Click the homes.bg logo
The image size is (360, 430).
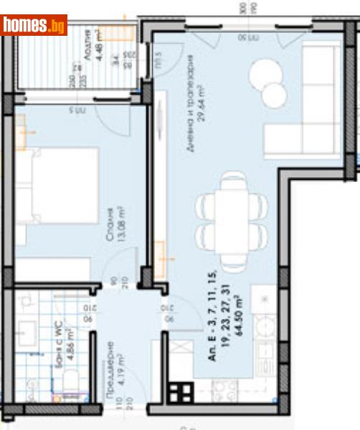pos(34,25)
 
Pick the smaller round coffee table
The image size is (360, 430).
pos(274,95)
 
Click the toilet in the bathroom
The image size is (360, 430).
pos(70,387)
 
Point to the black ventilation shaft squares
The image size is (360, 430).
pos(180,392)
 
